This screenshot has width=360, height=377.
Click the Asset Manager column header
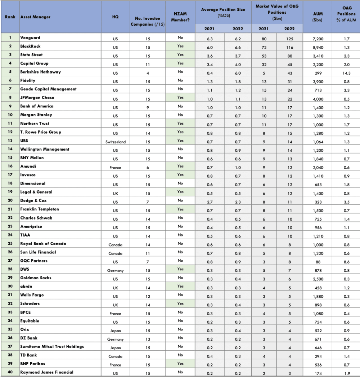(35, 17)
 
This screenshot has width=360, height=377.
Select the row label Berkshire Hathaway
(40, 72)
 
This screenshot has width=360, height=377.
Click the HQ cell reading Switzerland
(115, 142)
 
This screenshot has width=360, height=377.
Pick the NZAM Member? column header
(180, 17)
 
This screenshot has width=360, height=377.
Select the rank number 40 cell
(10, 372)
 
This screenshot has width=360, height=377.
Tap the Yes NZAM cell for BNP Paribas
(180, 364)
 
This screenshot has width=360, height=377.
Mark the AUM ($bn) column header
(318, 17)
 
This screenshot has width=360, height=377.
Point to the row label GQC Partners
(33, 261)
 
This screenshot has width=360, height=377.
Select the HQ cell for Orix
(115, 331)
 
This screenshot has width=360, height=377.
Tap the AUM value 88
(318, 262)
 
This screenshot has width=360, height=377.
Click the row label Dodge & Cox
(33, 200)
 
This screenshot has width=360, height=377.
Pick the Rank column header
(10, 17)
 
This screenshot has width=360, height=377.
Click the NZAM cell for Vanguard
(180, 37)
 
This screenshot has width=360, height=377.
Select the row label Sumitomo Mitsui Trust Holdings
(52, 346)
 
